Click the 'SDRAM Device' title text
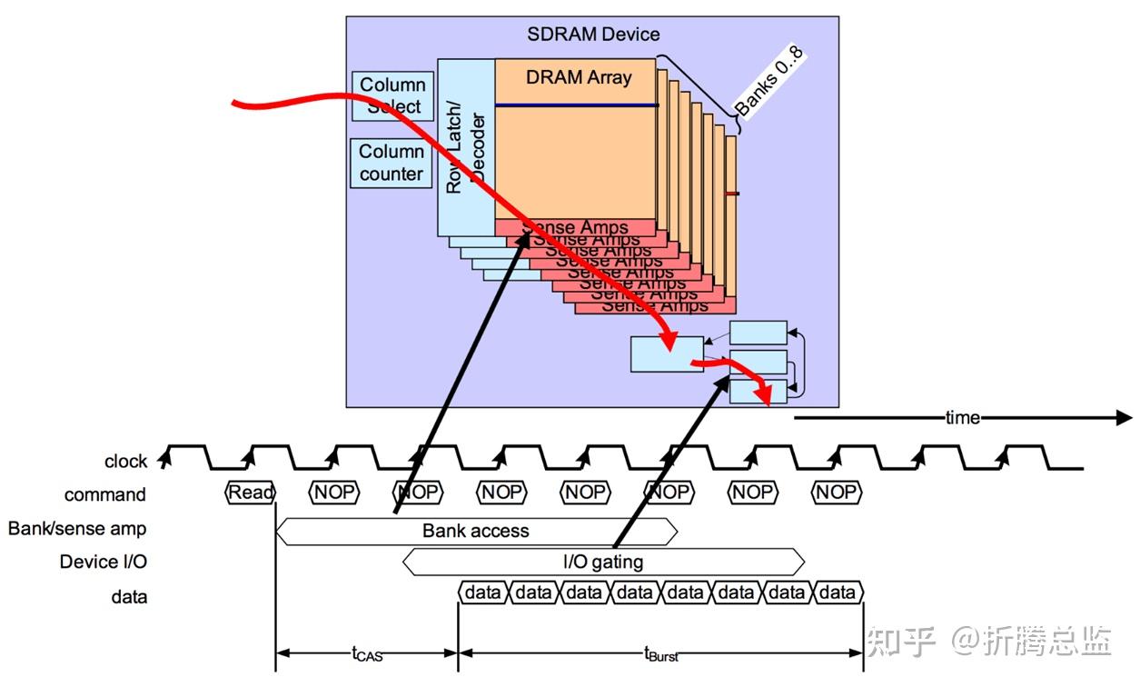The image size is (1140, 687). pyautogui.click(x=593, y=35)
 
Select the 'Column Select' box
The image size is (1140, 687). pyautogui.click(x=392, y=95)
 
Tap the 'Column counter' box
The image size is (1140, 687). pyautogui.click(x=392, y=163)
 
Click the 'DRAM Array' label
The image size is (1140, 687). pyautogui.click(x=579, y=77)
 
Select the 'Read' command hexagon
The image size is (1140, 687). pyautogui.click(x=250, y=493)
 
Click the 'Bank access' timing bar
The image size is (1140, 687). pyautogui.click(x=475, y=531)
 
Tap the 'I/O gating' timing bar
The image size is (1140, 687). pyautogui.click(x=602, y=562)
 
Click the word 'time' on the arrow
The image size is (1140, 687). pyautogui.click(x=962, y=417)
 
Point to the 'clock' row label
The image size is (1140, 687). pyautogui.click(x=125, y=462)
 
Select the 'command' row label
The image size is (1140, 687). pyautogui.click(x=104, y=495)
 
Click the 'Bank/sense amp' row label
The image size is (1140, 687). pyautogui.click(x=77, y=528)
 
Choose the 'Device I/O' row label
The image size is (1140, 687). pyautogui.click(x=103, y=562)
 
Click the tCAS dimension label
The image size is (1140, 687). pyautogui.click(x=367, y=653)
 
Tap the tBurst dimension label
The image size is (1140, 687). pyautogui.click(x=661, y=653)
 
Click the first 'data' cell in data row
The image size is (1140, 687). pyautogui.click(x=482, y=592)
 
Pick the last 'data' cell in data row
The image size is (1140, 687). pyautogui.click(x=837, y=592)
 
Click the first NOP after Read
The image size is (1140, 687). pyautogui.click(x=334, y=493)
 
